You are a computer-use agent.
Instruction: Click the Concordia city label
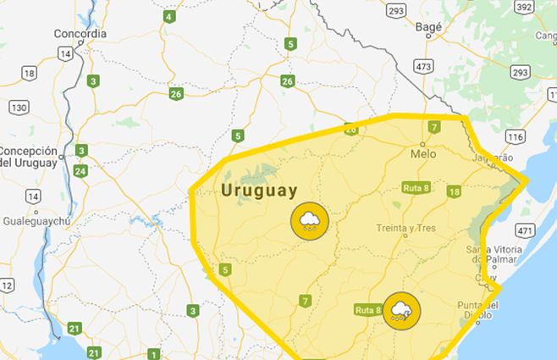[80, 34]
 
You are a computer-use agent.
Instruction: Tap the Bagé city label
[429, 27]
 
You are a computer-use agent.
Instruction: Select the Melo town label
[422, 155]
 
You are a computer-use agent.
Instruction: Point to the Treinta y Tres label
[407, 229]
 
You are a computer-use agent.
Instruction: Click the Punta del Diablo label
[483, 311]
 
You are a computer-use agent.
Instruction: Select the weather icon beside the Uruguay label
[308, 222]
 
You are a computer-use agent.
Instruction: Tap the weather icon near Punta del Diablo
[401, 310]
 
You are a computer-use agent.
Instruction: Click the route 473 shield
[424, 65]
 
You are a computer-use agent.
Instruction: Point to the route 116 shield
[515, 136]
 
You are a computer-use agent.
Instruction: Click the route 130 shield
[19, 108]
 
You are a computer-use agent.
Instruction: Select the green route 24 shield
[80, 171]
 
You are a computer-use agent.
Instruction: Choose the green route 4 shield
[170, 16]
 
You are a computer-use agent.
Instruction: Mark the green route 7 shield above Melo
[433, 128]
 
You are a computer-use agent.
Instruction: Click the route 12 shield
[6, 285]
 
